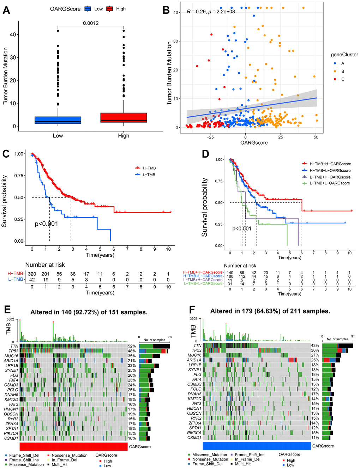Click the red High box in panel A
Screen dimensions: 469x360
(124, 117)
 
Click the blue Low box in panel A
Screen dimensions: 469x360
(58, 120)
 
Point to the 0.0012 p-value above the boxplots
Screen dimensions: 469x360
(91, 23)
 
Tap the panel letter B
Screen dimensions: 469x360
(166, 10)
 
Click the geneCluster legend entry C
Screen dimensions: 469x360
(342, 79)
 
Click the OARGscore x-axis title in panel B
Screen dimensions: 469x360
(254, 143)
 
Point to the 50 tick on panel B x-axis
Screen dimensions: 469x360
(316, 137)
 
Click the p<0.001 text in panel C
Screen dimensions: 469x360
(46, 224)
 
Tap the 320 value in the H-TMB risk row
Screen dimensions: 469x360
(32, 274)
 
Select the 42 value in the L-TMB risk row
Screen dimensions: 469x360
(32, 279)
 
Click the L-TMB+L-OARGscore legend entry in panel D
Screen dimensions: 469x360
(330, 183)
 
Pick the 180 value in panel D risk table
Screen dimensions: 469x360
(230, 276)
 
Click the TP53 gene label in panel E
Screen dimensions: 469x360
(13, 351)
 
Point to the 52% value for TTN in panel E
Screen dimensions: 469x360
(132, 346)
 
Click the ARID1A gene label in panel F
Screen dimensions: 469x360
(194, 360)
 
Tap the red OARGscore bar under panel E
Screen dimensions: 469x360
(73, 446)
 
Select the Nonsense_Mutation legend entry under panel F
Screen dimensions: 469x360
(210, 459)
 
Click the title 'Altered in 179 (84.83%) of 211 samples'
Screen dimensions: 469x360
(270, 311)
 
